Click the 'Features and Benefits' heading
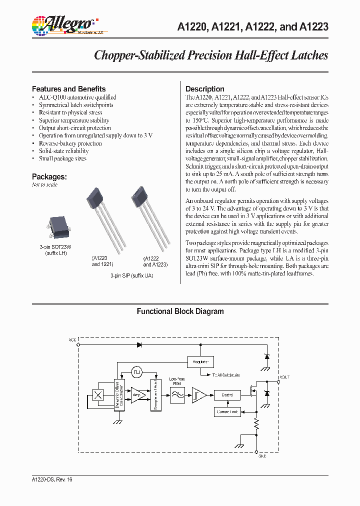68,89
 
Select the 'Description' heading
204,89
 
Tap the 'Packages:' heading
49,176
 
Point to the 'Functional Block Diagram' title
180,311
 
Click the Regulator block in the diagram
200,361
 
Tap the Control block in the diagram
227,394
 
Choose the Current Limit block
227,412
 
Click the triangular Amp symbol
137,394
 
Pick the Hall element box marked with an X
98,394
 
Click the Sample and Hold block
155,394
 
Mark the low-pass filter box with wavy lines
177,394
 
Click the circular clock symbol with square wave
137,372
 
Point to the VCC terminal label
73,339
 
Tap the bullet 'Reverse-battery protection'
70,143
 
